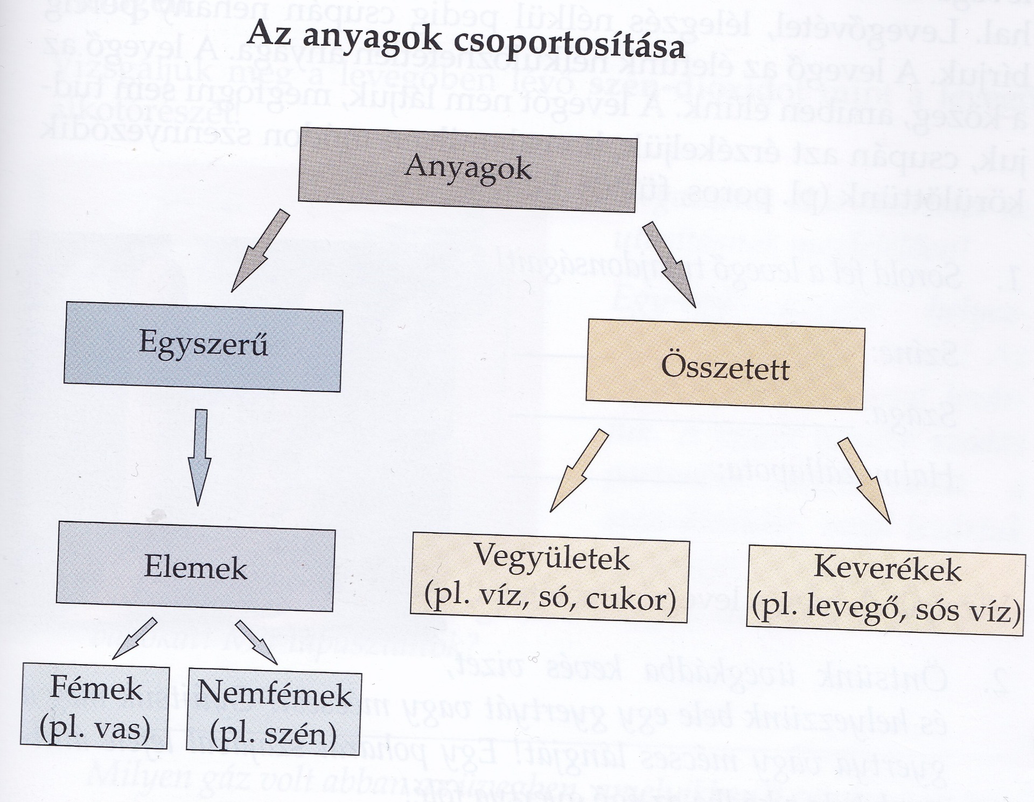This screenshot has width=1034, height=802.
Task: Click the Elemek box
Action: [195, 566]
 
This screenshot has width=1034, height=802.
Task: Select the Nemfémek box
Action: [274, 713]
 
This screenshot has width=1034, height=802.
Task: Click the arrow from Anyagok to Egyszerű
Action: [260, 251]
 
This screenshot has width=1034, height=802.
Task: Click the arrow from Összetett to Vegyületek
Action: [578, 470]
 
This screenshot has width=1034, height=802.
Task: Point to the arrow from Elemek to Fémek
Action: [134, 639]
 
